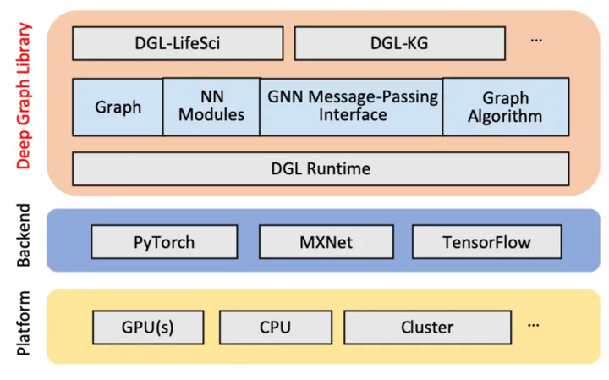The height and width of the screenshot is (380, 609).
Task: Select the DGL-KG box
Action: click(x=398, y=43)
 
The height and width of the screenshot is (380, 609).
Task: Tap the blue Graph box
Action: click(x=118, y=107)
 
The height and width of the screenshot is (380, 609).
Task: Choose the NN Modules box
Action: click(x=211, y=107)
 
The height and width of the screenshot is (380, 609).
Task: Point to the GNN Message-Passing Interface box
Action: click(x=351, y=107)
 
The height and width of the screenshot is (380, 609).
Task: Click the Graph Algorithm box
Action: click(x=504, y=107)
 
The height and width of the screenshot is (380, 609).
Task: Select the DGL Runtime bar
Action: click(x=320, y=169)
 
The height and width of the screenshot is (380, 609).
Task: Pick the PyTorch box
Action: click(x=163, y=242)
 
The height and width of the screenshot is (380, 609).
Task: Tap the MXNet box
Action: click(x=326, y=242)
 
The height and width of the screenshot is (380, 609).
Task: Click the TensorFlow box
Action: click(x=486, y=242)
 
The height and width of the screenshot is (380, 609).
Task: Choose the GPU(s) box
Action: click(x=148, y=327)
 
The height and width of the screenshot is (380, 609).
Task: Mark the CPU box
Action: click(x=273, y=327)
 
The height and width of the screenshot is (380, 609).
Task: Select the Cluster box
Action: click(x=426, y=327)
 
